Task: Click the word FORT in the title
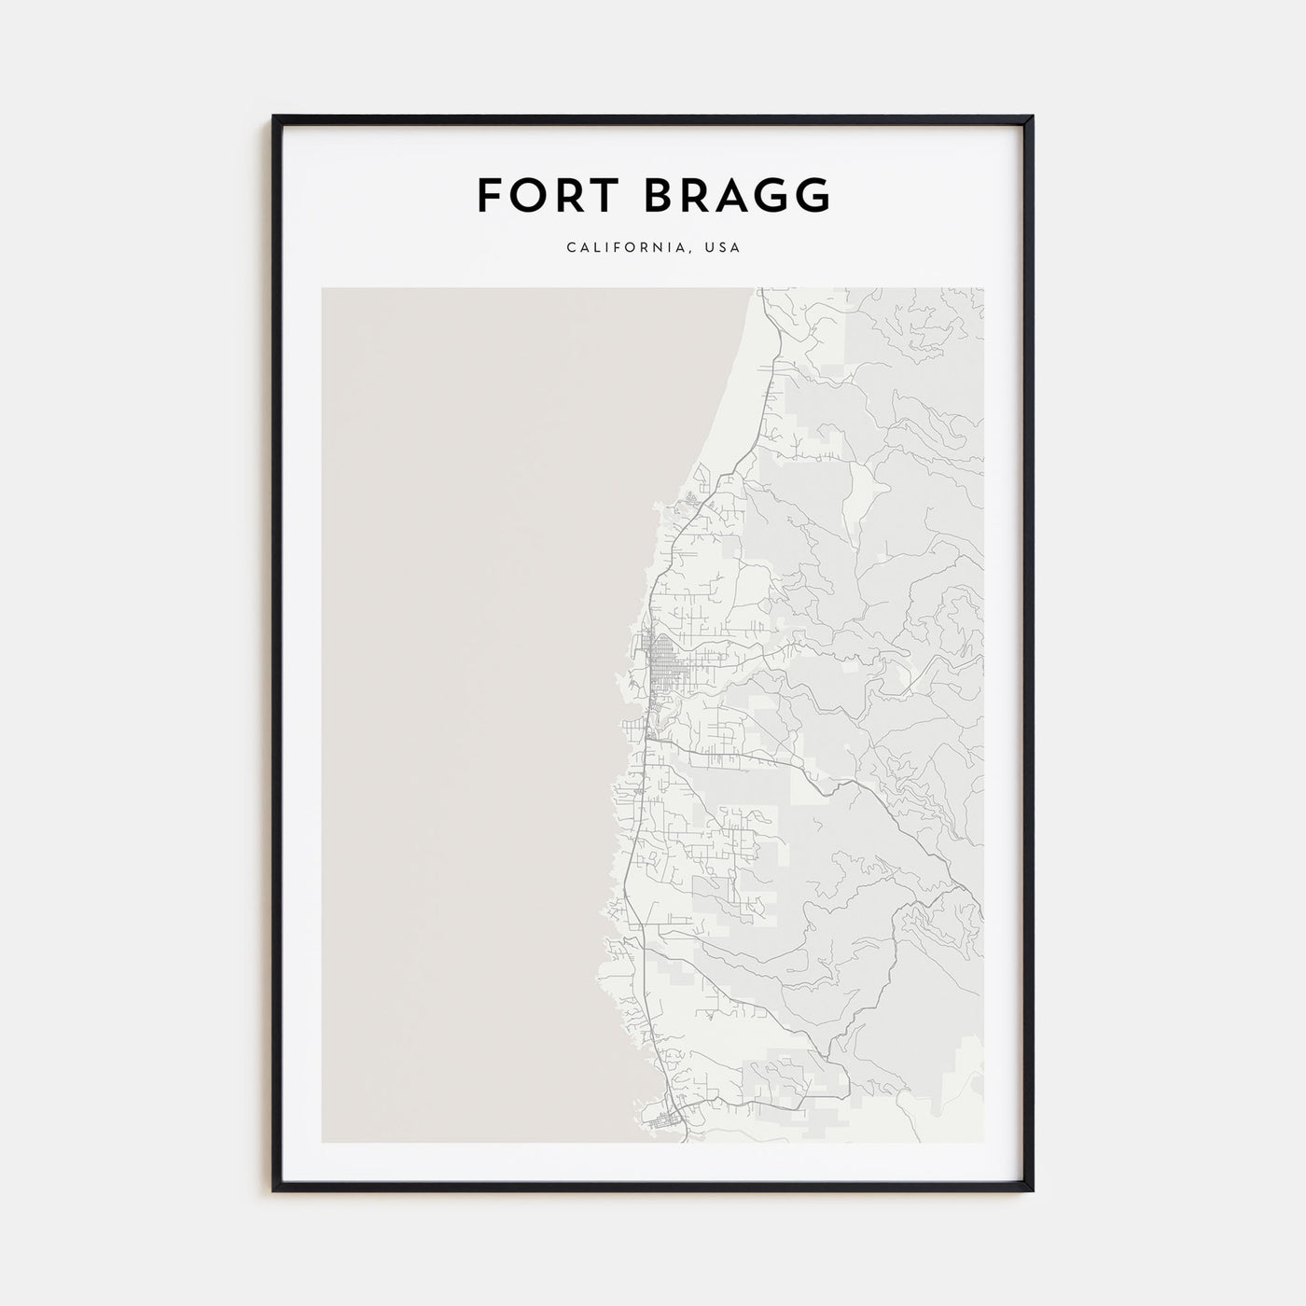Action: (544, 195)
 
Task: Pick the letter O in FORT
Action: (523, 195)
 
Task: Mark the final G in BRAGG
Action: (813, 195)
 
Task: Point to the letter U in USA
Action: (710, 248)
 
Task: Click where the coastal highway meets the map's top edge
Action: (759, 289)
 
